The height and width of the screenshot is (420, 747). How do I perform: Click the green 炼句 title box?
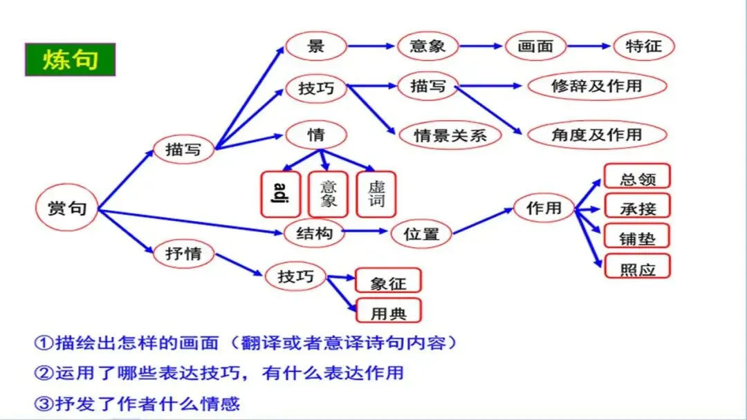pyautogui.click(x=70, y=59)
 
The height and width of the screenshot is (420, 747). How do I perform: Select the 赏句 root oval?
pyautogui.click(x=67, y=208)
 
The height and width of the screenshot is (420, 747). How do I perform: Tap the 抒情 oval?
pyautogui.click(x=183, y=254)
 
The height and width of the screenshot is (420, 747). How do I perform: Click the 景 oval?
pyautogui.click(x=316, y=46)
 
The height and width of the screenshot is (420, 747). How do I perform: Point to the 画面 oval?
pyautogui.click(x=536, y=46)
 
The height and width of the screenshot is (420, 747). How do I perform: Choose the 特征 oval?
pyautogui.click(x=643, y=46)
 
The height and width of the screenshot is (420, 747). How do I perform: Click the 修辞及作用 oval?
pyautogui.click(x=597, y=86)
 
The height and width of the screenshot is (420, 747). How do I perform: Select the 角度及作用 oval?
pyautogui.click(x=597, y=135)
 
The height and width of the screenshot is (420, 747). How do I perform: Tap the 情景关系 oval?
pyautogui.click(x=450, y=135)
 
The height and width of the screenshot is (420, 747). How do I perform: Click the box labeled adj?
pyautogui.click(x=280, y=193)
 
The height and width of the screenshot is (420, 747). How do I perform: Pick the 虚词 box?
pyautogui.click(x=376, y=193)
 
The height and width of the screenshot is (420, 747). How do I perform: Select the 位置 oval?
pyautogui.click(x=421, y=233)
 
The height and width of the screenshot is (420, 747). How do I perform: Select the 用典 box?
pyautogui.click(x=388, y=312)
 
